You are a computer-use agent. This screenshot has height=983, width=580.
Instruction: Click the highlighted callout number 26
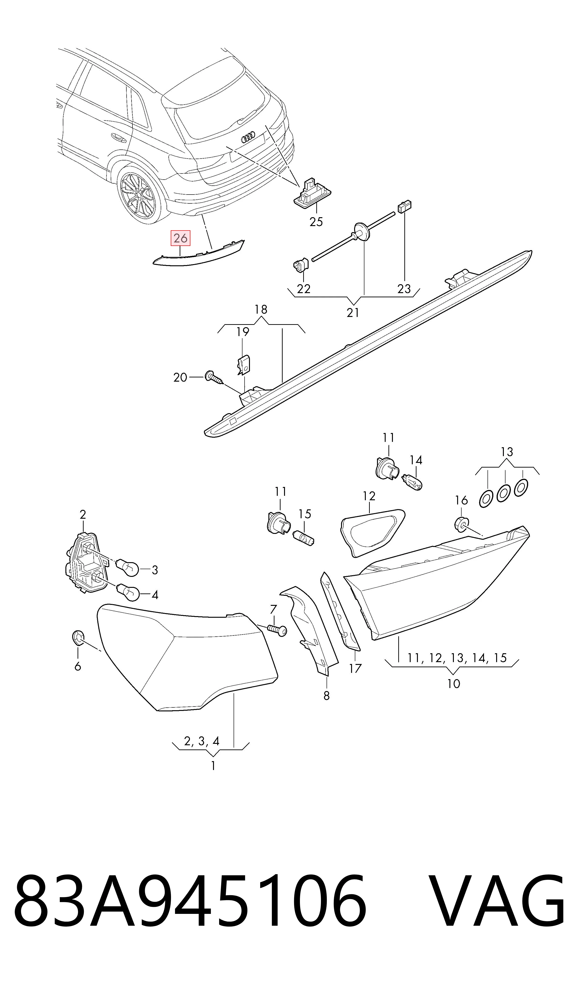tap(180, 238)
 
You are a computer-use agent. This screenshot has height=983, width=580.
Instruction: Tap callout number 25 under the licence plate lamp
tap(316, 222)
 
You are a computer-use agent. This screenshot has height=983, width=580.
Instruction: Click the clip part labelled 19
tap(244, 364)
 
